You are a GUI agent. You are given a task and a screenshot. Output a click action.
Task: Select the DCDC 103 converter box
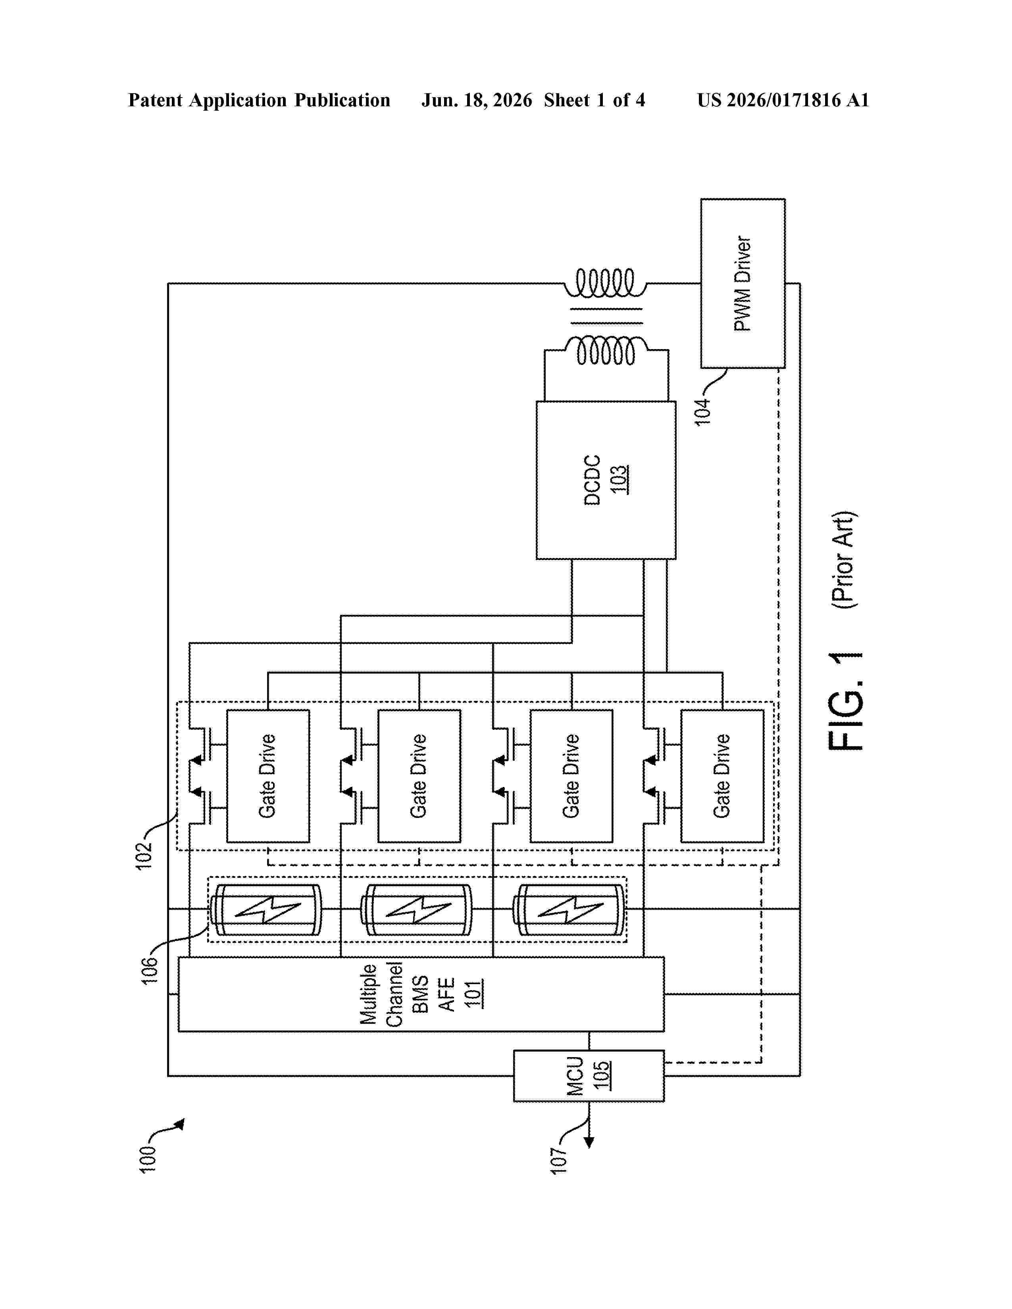tap(606, 480)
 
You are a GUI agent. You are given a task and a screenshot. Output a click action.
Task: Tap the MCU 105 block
tap(589, 1076)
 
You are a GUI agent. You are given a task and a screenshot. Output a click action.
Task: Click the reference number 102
tap(144, 856)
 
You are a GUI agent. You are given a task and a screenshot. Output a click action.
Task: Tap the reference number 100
tap(148, 1159)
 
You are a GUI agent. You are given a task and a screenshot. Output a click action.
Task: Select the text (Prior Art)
tap(845, 560)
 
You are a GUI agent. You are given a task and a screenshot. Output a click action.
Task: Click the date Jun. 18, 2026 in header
tap(477, 100)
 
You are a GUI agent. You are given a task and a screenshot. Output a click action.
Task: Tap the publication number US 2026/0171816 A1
tap(783, 100)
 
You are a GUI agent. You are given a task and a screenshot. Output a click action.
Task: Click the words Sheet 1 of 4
tap(595, 100)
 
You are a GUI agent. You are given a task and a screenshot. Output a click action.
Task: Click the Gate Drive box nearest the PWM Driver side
tap(722, 776)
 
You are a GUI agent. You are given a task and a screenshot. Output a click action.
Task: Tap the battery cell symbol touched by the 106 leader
tap(266, 909)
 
